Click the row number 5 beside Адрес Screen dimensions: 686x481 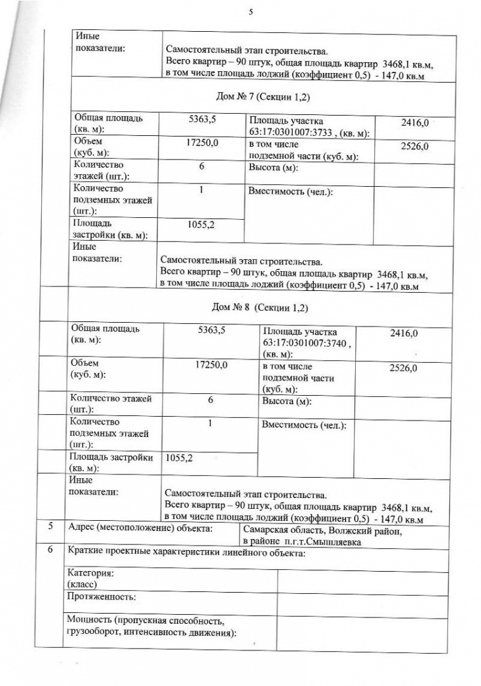[51, 527]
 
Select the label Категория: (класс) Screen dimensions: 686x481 [91, 577]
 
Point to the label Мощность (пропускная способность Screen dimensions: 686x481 [146, 620]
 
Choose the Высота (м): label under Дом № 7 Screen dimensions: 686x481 [274, 168]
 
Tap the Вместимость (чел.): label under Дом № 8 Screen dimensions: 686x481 [304, 424]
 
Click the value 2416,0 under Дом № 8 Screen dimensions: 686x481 [403, 332]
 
